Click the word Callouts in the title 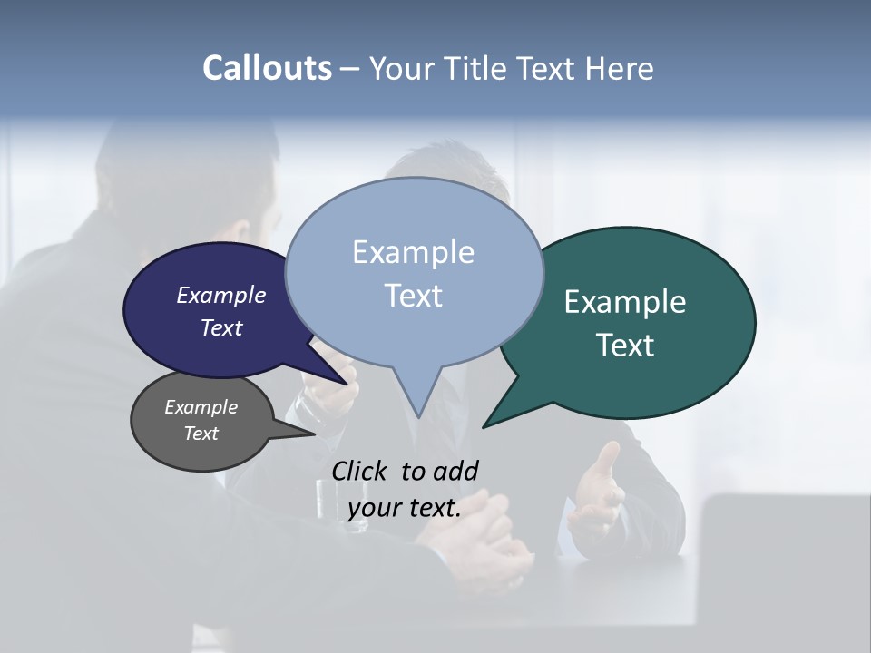pyautogui.click(x=267, y=68)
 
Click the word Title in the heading pyautogui.click(x=479, y=68)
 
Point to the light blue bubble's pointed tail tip pyautogui.click(x=418, y=416)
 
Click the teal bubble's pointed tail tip pyautogui.click(x=484, y=426)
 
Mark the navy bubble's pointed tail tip pyautogui.click(x=347, y=384)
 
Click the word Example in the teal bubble pyautogui.click(x=625, y=302)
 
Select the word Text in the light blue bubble pyautogui.click(x=414, y=296)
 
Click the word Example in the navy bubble pyautogui.click(x=221, y=295)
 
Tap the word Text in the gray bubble pyautogui.click(x=201, y=434)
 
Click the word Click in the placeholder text pyautogui.click(x=361, y=471)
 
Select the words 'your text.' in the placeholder pyautogui.click(x=405, y=508)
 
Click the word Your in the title pyautogui.click(x=402, y=68)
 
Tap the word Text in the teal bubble pyautogui.click(x=626, y=346)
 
